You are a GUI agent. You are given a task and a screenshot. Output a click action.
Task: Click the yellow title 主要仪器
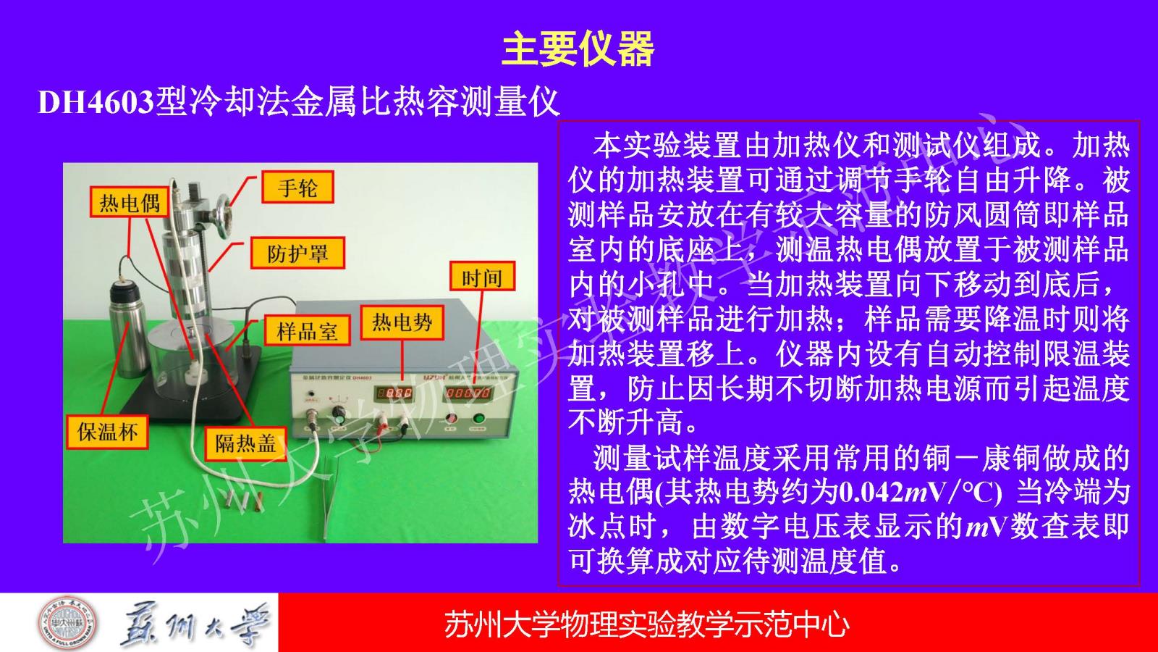(578, 49)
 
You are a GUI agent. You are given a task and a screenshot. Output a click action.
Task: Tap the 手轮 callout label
(297, 187)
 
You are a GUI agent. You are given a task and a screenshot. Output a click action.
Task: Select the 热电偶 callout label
(130, 202)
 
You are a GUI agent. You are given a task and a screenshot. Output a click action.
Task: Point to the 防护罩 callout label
(297, 253)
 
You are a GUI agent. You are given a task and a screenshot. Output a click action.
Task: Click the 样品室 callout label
(307, 330)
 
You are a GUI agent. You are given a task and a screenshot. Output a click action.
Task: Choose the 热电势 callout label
(402, 323)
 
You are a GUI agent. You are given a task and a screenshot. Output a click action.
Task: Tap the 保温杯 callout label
(107, 432)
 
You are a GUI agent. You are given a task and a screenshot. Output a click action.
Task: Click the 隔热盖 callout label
(245, 443)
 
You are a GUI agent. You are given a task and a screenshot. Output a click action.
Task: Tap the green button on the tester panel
(478, 417)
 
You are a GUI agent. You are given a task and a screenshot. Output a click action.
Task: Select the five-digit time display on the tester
(468, 393)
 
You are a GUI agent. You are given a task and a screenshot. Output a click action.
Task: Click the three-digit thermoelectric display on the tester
(394, 393)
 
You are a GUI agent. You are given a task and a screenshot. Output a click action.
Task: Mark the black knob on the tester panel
(339, 414)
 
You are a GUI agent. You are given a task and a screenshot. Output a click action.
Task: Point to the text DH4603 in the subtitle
(96, 102)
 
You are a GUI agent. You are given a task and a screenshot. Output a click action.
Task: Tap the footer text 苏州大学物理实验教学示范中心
(647, 624)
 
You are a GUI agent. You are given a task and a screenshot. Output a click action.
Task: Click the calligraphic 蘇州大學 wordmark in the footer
(195, 624)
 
